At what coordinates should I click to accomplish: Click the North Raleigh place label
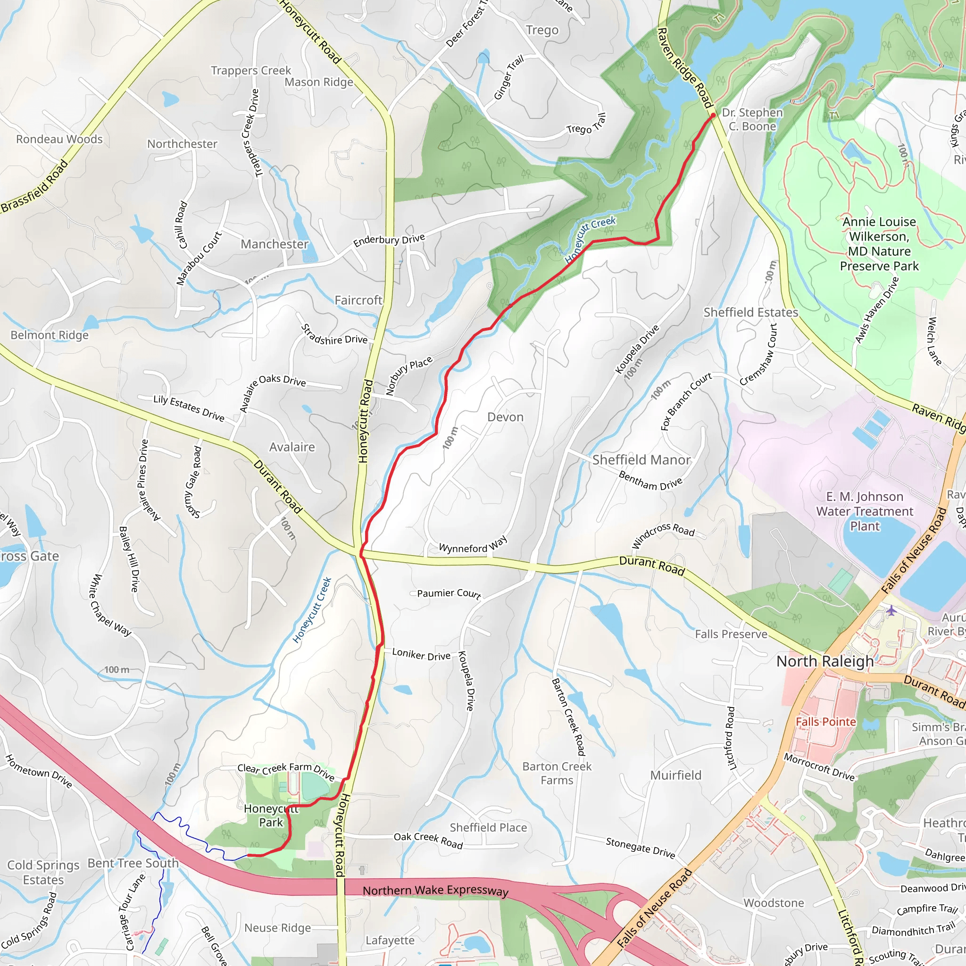pyautogui.click(x=824, y=661)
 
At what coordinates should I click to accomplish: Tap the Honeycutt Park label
pyautogui.click(x=271, y=816)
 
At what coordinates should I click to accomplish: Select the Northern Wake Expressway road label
pyautogui.click(x=435, y=891)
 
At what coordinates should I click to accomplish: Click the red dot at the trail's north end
pyautogui.click(x=713, y=116)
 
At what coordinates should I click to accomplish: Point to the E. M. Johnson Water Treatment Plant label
pyautogui.click(x=865, y=511)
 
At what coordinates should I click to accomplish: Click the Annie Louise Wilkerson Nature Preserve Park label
pyautogui.click(x=879, y=243)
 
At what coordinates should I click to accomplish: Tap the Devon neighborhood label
pyautogui.click(x=505, y=417)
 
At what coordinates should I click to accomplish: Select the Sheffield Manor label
pyautogui.click(x=641, y=460)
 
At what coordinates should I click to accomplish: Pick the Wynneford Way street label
pyautogui.click(x=473, y=546)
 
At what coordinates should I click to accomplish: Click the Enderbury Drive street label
pyautogui.click(x=389, y=240)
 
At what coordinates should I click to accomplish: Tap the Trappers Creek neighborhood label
pyautogui.click(x=250, y=70)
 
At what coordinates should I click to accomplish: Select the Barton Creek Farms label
pyautogui.click(x=557, y=773)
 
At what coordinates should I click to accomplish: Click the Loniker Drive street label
pyautogui.click(x=421, y=655)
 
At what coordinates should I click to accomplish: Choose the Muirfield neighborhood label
pyautogui.click(x=675, y=775)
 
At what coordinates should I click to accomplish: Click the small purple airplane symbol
pyautogui.click(x=891, y=610)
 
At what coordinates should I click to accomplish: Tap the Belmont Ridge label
pyautogui.click(x=50, y=335)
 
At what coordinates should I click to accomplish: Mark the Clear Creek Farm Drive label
pyautogui.click(x=285, y=771)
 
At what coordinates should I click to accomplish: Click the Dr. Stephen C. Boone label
pyautogui.click(x=752, y=119)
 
